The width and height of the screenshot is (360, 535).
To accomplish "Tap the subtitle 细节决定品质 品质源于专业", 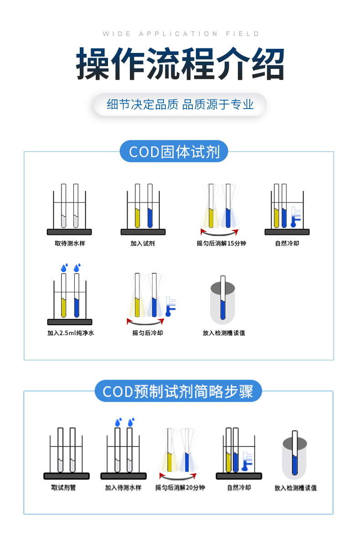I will (180, 104).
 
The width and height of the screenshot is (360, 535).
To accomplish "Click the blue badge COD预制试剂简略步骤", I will (178, 391).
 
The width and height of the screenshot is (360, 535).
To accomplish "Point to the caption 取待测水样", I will (70, 244).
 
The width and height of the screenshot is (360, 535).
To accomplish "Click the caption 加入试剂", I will (143, 244).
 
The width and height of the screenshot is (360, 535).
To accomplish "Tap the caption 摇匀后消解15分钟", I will (221, 244).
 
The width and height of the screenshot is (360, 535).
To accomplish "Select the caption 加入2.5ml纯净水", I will (71, 333).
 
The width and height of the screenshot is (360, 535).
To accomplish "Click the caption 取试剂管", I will (64, 488).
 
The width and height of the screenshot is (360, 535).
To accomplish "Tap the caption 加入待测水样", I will (123, 488).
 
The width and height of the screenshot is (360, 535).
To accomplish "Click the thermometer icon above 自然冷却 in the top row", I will (295, 217).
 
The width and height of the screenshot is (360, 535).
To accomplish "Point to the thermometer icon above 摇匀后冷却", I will (170, 306).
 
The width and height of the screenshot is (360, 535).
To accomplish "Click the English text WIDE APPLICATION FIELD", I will (180, 34).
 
